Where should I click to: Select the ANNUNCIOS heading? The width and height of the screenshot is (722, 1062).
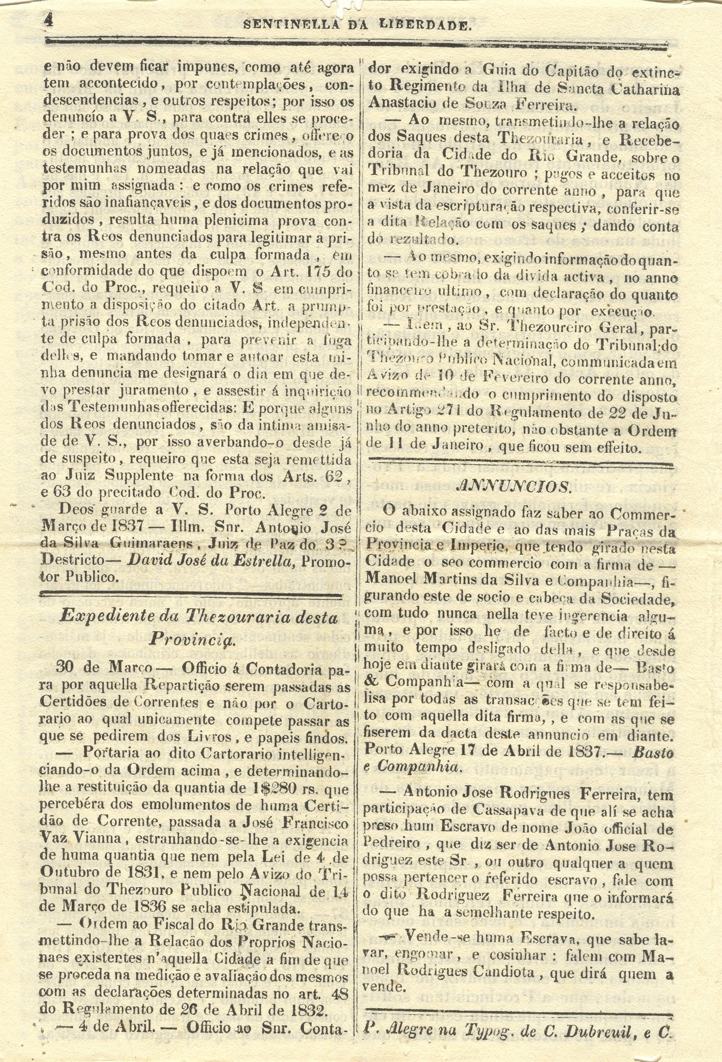click(x=513, y=486)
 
